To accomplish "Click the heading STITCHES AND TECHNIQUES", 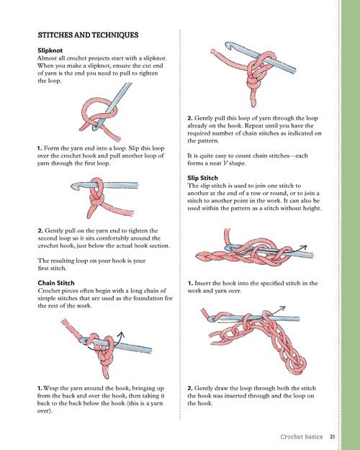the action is [x=88, y=35].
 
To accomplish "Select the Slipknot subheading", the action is [x=50, y=50].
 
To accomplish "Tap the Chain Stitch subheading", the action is [x=56, y=283].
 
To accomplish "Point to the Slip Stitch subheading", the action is [x=202, y=178].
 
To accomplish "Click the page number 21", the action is [x=332, y=437].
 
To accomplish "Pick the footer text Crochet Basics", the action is [x=302, y=437].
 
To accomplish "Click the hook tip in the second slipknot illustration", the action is [x=73, y=186].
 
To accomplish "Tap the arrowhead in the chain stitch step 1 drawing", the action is [x=122, y=334].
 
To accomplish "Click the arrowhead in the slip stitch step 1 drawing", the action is [x=304, y=247].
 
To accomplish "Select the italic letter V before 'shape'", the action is [x=225, y=163].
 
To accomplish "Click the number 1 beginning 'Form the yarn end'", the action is [x=40, y=148].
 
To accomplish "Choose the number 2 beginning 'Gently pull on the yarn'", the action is [x=40, y=230].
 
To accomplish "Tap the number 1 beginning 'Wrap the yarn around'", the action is [x=40, y=388].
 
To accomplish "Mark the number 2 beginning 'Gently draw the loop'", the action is [x=190, y=388].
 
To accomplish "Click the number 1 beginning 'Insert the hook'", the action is [x=190, y=283].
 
